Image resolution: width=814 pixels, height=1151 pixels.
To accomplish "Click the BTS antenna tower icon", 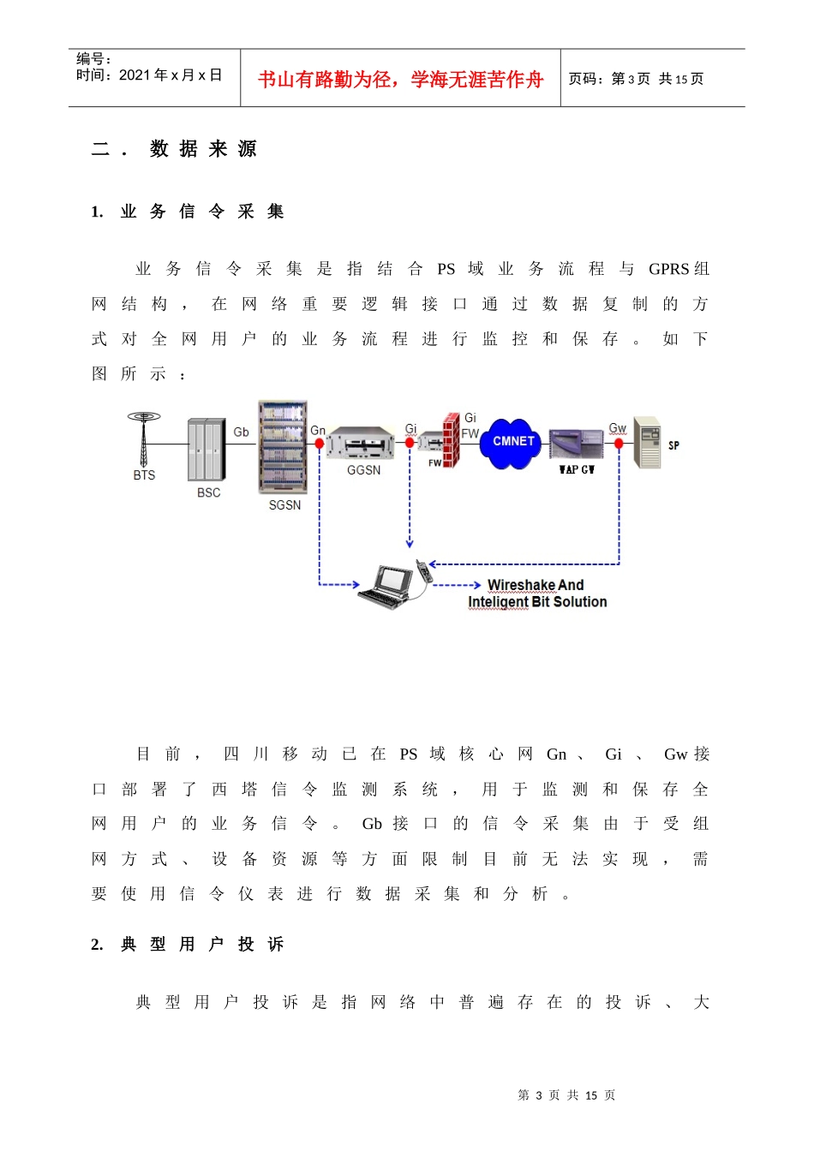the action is click(144, 438).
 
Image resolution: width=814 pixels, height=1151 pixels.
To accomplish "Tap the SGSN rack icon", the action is click(283, 447).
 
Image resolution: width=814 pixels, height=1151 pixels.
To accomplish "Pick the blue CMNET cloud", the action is click(510, 444).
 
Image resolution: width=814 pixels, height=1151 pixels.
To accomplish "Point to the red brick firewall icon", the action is click(451, 440).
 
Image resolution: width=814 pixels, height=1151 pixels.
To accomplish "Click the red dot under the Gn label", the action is click(320, 443).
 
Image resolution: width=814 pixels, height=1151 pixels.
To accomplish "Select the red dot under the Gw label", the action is click(619, 443).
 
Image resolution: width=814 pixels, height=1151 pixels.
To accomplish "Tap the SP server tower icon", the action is click(648, 443).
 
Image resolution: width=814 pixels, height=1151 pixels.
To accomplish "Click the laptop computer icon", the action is click(386, 587).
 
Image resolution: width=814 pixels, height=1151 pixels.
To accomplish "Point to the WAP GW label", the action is click(577, 469).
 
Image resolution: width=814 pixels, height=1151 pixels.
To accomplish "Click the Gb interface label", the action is click(241, 432).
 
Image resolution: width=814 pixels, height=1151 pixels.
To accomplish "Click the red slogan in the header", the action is click(400, 79).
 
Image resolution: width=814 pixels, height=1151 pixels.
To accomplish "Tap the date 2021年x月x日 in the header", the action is click(171, 75).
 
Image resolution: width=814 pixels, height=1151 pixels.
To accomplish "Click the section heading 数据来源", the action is click(203, 149).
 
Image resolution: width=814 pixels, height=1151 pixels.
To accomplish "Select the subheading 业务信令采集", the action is click(202, 212).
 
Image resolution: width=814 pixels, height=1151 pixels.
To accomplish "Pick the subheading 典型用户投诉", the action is click(202, 944).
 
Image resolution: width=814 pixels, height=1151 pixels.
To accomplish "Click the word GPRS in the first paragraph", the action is click(668, 269).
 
